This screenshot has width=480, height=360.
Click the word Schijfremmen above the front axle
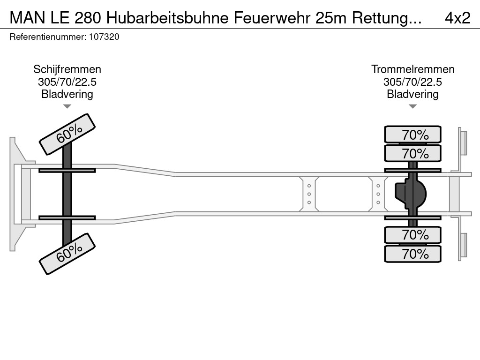(67, 69)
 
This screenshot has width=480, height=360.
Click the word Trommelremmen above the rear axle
(412, 69)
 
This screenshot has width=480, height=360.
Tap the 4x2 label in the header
(457, 18)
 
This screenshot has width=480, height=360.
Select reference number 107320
(104, 37)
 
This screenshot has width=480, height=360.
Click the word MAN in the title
(27, 18)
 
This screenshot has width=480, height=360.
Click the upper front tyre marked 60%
(67, 135)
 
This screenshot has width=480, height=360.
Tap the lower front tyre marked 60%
(67, 254)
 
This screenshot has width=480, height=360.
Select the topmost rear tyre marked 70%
(412, 134)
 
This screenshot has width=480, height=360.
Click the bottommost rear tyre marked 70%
(412, 254)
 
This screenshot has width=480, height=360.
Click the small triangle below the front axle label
(67, 106)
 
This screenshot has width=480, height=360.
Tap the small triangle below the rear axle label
(412, 106)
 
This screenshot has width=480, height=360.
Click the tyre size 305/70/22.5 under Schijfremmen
(67, 82)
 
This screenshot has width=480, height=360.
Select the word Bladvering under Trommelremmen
(412, 94)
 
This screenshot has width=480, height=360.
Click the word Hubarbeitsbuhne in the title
(168, 18)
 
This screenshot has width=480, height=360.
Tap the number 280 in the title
(88, 18)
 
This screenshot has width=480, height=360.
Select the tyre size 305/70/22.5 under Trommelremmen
(412, 82)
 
